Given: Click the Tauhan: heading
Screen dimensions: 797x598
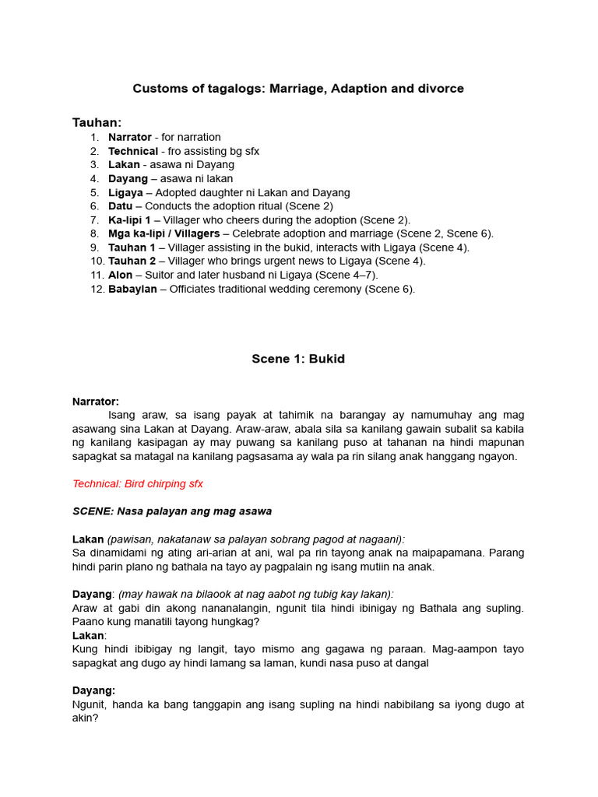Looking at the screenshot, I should [97, 122].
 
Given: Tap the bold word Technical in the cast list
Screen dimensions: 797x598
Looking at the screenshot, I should [132, 151].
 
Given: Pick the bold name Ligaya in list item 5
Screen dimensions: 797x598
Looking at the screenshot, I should [125, 192].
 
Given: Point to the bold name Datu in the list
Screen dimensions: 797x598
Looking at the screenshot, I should [120, 206].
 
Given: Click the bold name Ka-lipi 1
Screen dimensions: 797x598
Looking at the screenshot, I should [129, 220].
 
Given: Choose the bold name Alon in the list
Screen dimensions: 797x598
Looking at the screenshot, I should [121, 275].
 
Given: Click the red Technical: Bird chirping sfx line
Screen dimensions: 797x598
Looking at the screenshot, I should [138, 483].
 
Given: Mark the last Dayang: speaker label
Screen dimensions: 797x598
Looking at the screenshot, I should [93, 690].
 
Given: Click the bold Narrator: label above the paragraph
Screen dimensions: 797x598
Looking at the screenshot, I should [96, 402].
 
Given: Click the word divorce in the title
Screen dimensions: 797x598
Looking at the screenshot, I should [440, 89].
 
